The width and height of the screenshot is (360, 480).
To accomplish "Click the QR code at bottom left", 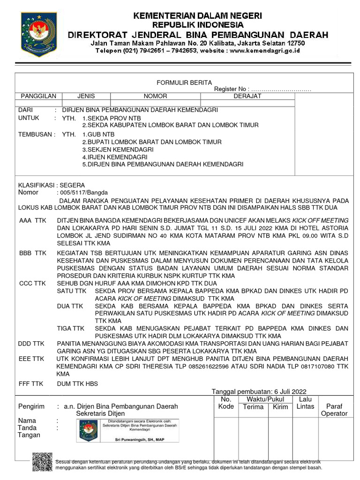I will click(42, 461).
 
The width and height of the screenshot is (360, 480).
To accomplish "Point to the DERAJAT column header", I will click(247, 96).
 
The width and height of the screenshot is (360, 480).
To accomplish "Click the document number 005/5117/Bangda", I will click(82, 192).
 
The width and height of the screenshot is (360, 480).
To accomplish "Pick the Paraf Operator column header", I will click(334, 410).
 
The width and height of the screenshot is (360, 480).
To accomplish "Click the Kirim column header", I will click(280, 407).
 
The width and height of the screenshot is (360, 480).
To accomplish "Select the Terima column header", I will click(253, 407).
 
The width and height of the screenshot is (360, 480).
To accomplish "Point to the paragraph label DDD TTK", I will click(31, 344).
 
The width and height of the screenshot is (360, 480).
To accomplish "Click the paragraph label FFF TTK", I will click(30, 383).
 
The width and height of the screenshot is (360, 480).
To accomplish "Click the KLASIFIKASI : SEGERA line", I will click(52, 185).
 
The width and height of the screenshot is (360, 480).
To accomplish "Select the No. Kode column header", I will click(226, 403).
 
